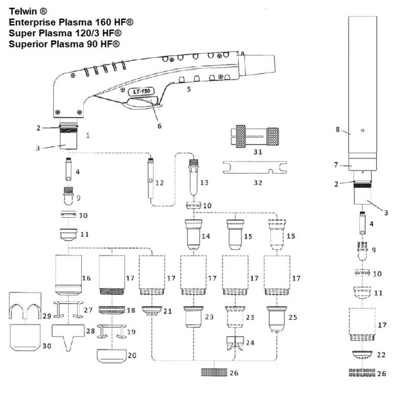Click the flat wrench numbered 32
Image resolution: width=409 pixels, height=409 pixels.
click(255, 167)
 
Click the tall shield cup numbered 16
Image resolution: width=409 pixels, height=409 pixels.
click(68, 274)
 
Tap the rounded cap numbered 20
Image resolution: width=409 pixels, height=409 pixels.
click(111, 355)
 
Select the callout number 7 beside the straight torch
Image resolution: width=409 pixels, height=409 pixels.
click(336, 165)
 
